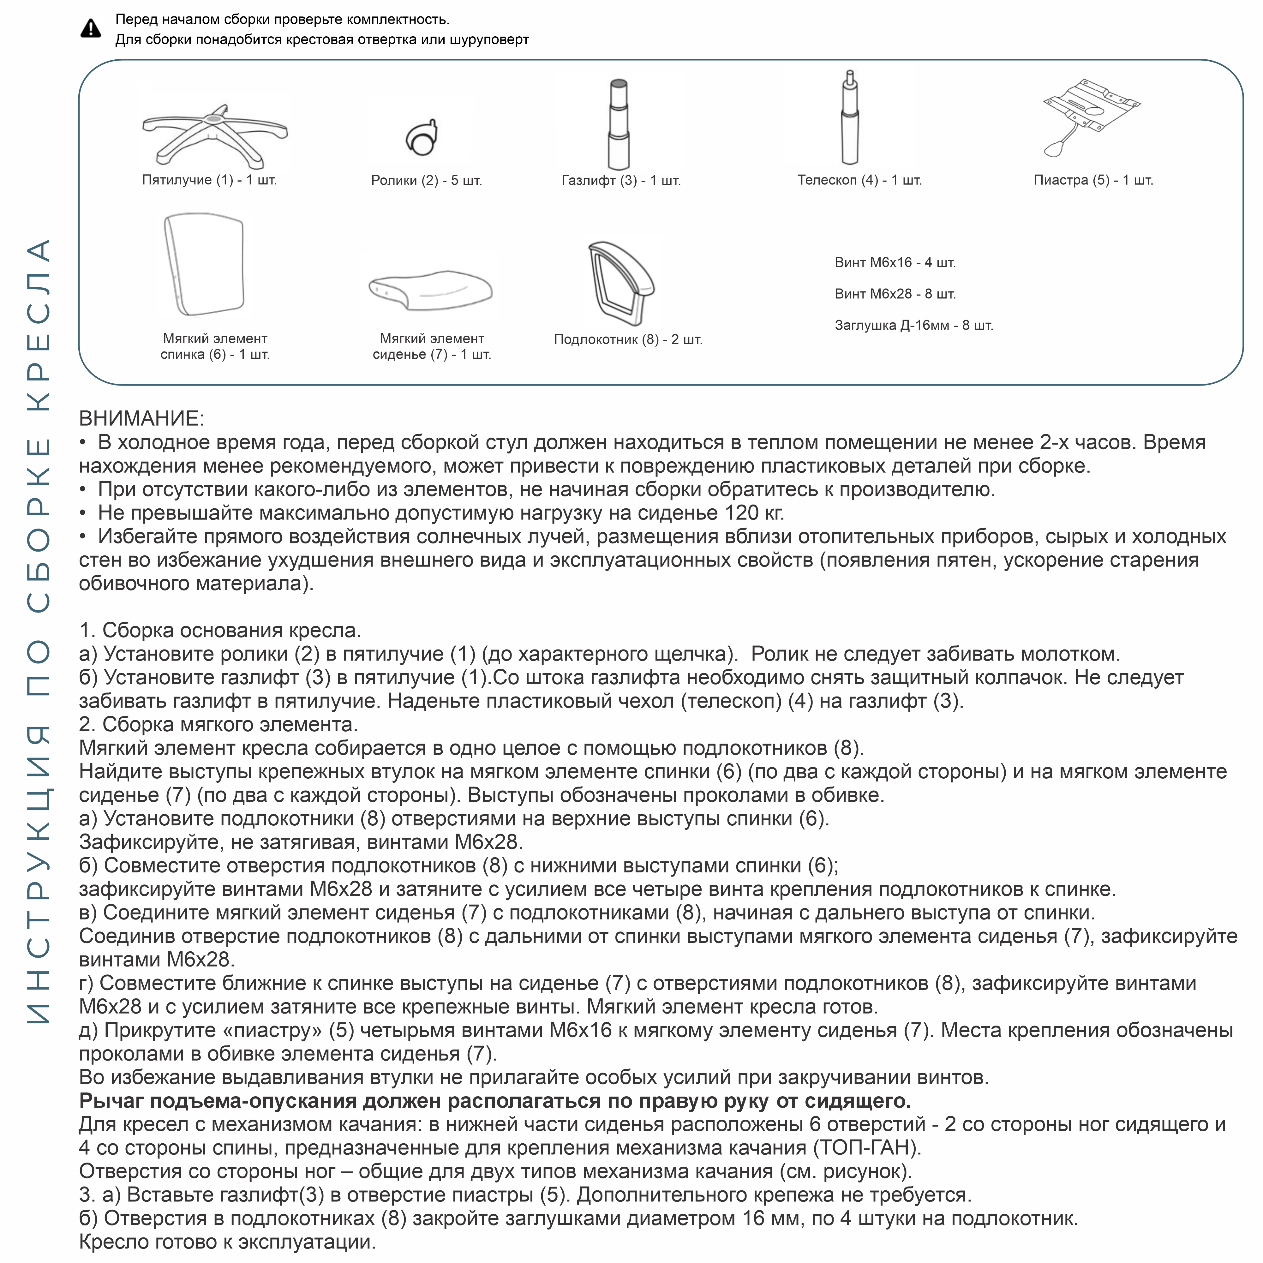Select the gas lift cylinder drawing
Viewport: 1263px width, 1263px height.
[619, 124]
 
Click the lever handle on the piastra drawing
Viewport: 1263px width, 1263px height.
[1054, 149]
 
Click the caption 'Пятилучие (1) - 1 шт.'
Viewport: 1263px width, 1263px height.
[209, 180]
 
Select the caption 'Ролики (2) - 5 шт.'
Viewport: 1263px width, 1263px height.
[426, 180]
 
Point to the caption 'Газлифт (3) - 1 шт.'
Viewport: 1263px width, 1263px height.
[621, 180]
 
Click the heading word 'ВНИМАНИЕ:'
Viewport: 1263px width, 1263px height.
[141, 418]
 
